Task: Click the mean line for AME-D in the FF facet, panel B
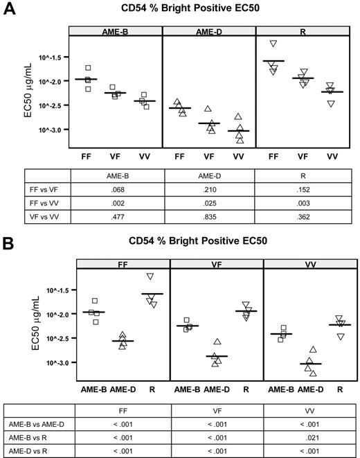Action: pyautogui.click(x=123, y=341)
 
